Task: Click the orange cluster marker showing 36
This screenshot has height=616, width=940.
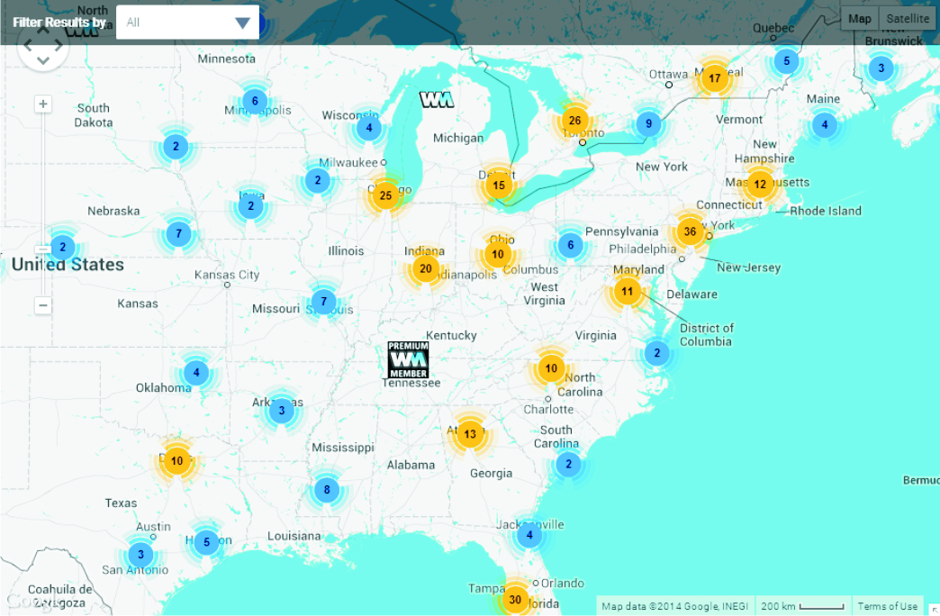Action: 690,231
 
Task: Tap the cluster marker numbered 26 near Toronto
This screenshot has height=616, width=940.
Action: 574,120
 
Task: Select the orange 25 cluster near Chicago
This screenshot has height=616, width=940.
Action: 385,195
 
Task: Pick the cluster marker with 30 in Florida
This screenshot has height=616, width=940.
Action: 515,599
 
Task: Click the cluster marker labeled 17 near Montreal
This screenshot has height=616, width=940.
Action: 714,78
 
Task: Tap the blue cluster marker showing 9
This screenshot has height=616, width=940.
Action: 648,124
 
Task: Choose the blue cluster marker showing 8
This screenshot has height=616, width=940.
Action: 327,491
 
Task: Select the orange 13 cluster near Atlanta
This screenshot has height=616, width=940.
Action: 470,434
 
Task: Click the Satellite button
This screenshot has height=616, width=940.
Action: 907,19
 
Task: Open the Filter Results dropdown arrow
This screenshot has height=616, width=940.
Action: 242,23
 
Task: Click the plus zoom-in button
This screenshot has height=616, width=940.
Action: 42,104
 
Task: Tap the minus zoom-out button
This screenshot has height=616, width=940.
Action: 42,305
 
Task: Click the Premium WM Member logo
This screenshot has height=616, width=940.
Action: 408,359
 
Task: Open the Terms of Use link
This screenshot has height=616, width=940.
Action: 887,606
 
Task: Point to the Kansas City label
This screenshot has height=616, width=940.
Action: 227,275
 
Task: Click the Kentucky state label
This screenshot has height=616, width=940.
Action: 451,335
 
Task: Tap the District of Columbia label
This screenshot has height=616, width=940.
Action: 706,334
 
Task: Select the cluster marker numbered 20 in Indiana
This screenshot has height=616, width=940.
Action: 426,268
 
